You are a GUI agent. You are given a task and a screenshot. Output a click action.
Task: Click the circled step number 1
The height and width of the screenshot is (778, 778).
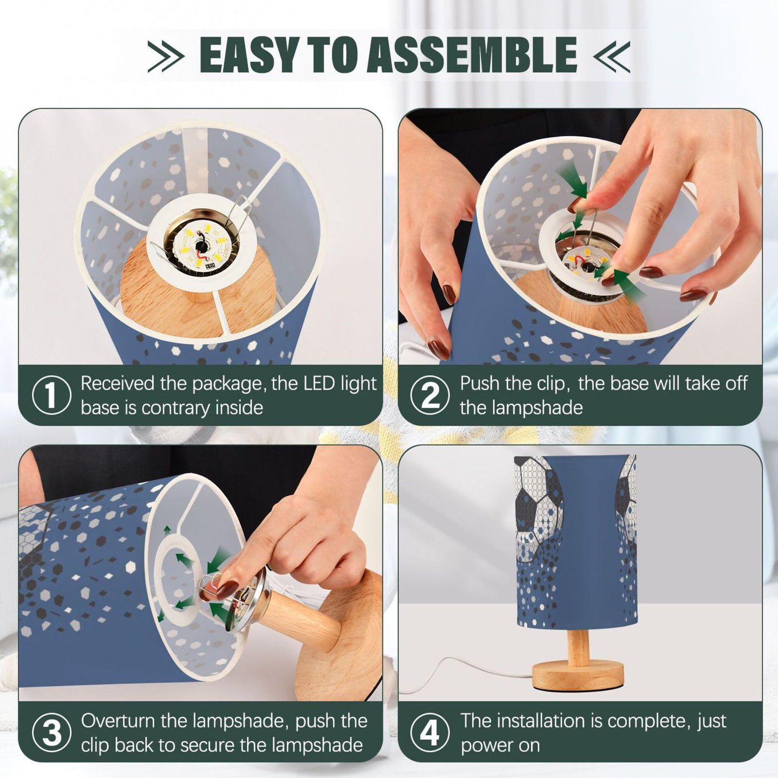51,395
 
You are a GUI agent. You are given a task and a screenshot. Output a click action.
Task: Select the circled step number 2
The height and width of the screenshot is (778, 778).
430,395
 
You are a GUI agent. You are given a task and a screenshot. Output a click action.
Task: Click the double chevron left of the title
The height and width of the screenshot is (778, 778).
166,56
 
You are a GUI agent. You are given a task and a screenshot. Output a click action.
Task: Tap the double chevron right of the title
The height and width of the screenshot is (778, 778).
612,56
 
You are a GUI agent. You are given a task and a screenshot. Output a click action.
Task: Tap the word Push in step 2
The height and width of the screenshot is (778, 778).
480,383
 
